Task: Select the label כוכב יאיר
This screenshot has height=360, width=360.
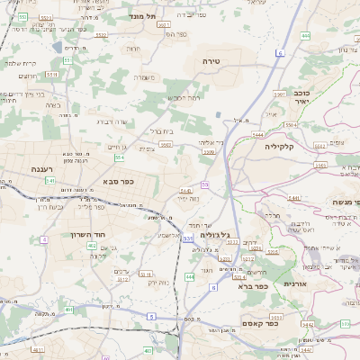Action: (x=302, y=97)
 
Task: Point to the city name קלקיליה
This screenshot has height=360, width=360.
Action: (x=280, y=144)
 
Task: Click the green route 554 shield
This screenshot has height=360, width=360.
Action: (x=119, y=157)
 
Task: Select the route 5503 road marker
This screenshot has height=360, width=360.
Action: (x=208, y=153)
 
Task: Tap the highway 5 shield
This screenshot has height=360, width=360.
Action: (x=151, y=316)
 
